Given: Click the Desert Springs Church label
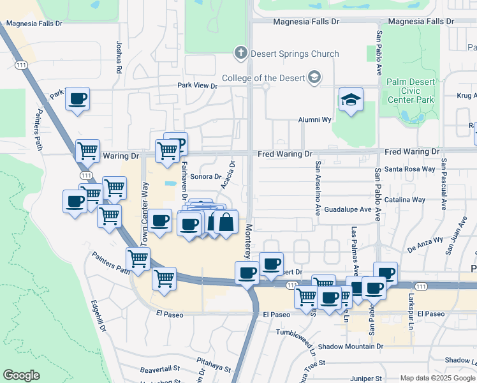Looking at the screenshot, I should [x=295, y=54].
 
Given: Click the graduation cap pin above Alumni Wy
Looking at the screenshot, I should [x=350, y=100].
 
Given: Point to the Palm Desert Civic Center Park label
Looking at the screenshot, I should [x=411, y=91].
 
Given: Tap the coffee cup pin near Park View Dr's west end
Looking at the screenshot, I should [x=78, y=99].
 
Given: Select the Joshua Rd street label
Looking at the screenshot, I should [x=119, y=57].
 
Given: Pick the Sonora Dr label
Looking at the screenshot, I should [x=205, y=176].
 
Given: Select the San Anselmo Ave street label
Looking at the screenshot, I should [x=316, y=188].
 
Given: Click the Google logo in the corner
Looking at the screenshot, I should [x=22, y=375].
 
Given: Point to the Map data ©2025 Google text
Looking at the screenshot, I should [x=437, y=378].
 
